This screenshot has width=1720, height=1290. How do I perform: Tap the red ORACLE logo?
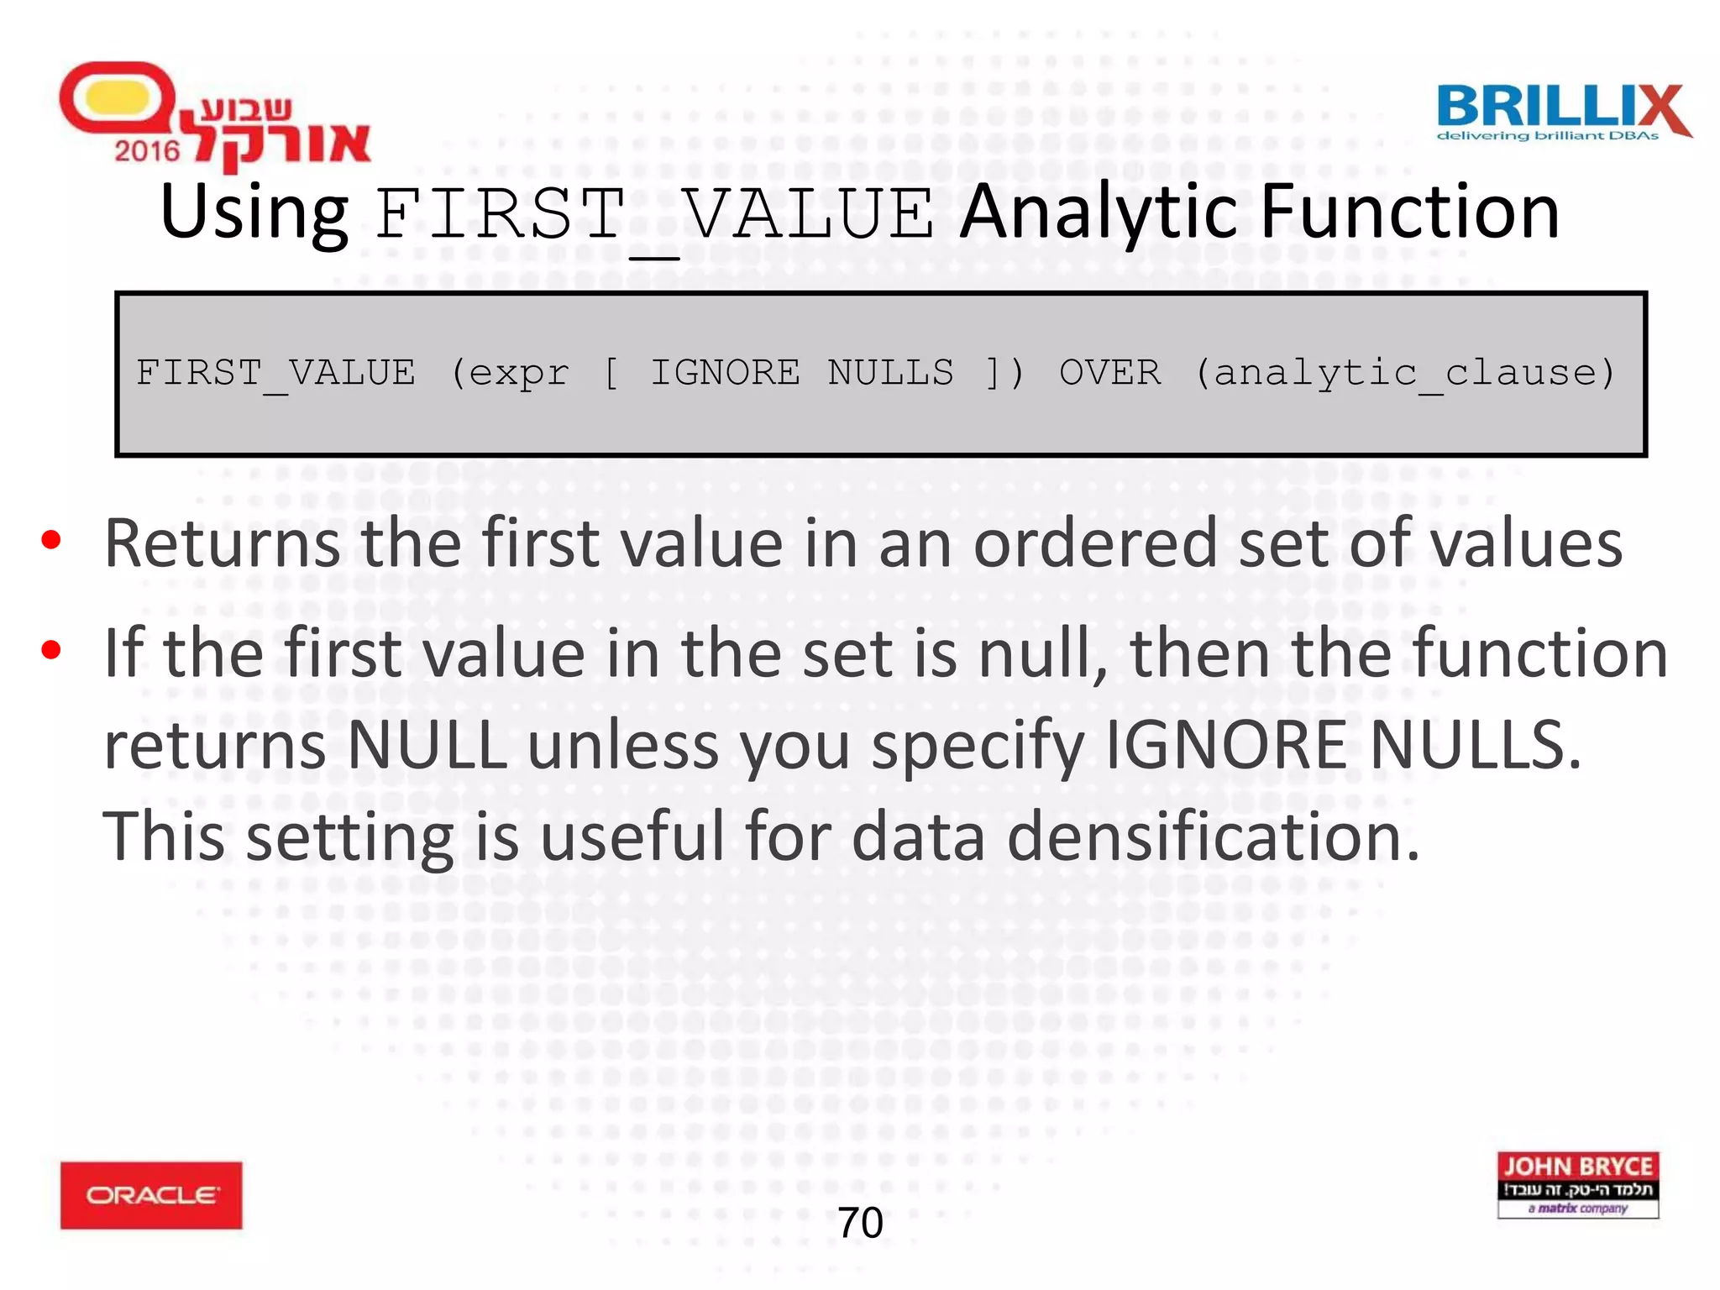coord(151,1194)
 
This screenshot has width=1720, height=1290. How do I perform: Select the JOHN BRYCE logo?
coord(1577,1184)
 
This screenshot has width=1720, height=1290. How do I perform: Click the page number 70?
coord(860,1222)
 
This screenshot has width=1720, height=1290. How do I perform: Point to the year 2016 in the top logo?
coord(147,151)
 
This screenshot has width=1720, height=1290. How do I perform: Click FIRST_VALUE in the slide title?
coord(653,214)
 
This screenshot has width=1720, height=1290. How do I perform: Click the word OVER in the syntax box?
coord(1109,372)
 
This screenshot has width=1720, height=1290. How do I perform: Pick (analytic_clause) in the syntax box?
coord(1404,372)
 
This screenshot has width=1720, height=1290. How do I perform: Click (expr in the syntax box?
coord(509,372)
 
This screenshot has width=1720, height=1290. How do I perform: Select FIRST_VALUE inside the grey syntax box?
coord(275,372)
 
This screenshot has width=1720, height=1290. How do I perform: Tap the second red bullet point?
coord(51,650)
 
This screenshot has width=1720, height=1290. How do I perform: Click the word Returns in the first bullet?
coord(222,544)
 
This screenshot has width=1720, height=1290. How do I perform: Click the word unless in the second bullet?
coord(622,745)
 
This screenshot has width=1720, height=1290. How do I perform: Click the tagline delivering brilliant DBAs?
coord(1547,136)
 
